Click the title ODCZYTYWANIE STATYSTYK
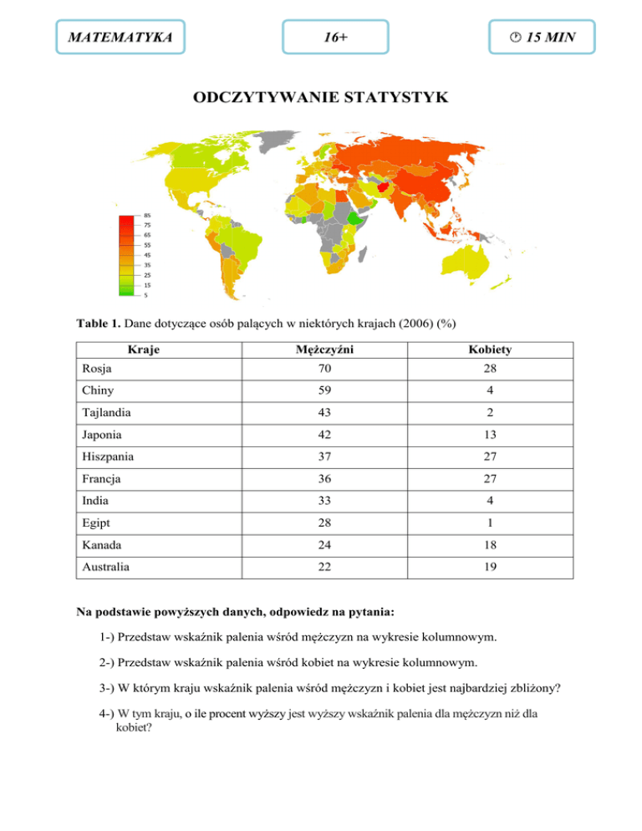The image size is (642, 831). point(321,99)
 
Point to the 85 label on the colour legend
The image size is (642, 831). point(147,215)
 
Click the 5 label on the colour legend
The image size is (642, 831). point(146,294)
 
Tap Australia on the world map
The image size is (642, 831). point(457,267)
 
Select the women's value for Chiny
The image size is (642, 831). point(490,390)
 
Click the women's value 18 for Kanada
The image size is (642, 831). point(490,544)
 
